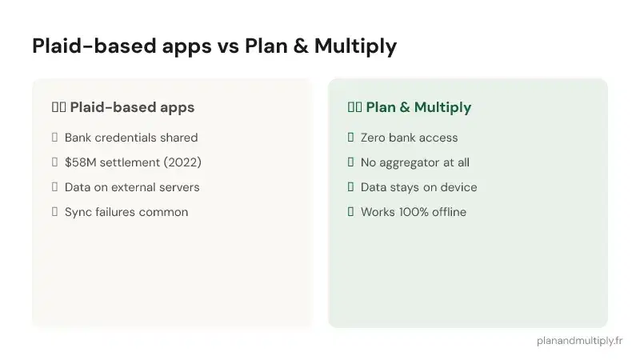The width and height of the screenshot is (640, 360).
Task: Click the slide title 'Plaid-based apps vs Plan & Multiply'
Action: click(214, 46)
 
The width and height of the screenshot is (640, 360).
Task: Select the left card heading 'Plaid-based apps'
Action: click(132, 107)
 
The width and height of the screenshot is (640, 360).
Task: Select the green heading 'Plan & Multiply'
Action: click(418, 107)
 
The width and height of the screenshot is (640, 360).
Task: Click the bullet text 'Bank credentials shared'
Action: click(131, 138)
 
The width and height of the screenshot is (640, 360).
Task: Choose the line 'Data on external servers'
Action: click(132, 187)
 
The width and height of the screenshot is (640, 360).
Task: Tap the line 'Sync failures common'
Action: click(126, 212)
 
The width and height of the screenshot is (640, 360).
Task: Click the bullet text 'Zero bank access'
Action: click(409, 138)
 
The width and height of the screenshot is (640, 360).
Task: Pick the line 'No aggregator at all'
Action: click(414, 162)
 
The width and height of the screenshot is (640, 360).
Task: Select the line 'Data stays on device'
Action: click(418, 187)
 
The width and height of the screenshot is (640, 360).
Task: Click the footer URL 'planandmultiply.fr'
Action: click(579, 340)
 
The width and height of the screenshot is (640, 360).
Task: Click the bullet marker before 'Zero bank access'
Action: click(350, 138)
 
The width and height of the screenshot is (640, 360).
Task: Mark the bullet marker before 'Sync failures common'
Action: click(54, 212)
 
